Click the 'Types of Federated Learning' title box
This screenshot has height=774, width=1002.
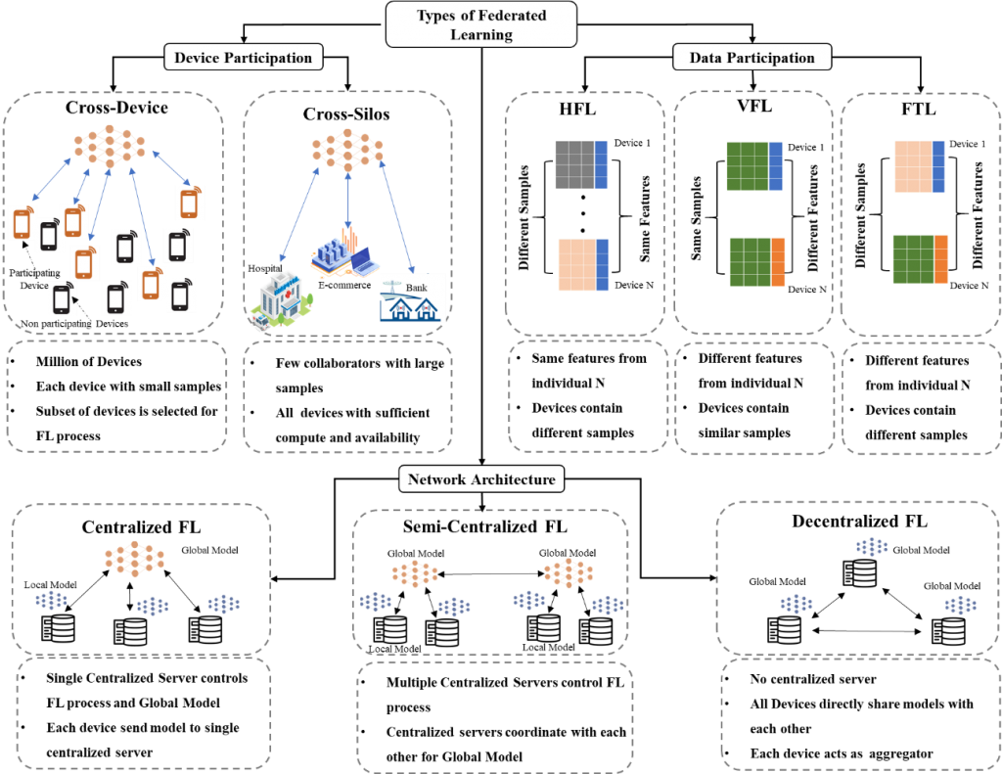pos(481,24)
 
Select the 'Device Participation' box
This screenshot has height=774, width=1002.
pos(243,58)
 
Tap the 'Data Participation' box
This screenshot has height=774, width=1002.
pos(752,58)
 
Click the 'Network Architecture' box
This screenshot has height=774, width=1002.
pos(481,479)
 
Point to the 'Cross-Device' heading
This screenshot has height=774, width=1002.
pos(116,108)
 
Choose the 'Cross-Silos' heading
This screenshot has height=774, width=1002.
pos(346,114)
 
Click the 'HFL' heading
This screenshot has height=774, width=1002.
pos(577,109)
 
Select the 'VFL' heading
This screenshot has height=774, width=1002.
pos(754,106)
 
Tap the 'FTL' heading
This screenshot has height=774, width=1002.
pos(918,109)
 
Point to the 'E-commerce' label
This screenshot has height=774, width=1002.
pos(344,285)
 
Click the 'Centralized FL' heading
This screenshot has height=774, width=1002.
pos(141,527)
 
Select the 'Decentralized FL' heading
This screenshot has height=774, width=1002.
pos(859,522)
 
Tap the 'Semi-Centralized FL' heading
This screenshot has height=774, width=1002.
pos(485,526)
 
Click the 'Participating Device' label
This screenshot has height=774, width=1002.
pos(34,279)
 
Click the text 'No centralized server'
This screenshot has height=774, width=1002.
pos(813,679)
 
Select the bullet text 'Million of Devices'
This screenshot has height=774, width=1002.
pos(89,361)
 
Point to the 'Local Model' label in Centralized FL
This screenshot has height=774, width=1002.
pos(51,585)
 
